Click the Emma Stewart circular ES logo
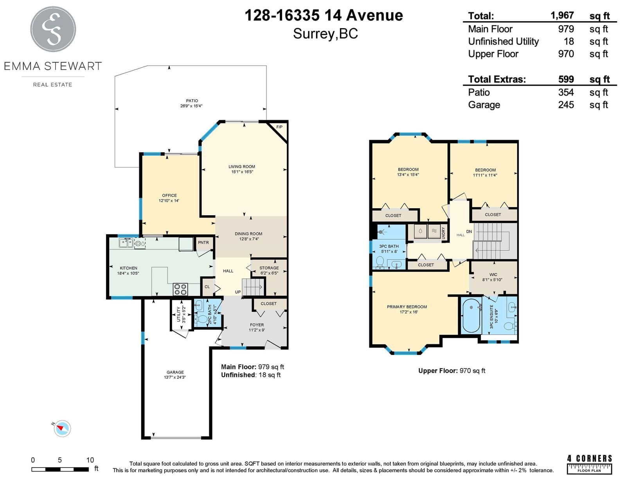53,29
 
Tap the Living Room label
242,167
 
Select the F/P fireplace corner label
279,127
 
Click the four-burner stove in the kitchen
180,289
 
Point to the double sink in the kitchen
126,243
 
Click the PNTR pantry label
203,243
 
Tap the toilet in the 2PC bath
201,319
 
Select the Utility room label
178,314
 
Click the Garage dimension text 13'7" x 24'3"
175,378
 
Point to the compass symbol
62,428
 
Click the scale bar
60,469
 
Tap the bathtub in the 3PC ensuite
471,316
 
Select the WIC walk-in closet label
493,275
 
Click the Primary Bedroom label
407,307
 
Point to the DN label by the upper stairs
469,231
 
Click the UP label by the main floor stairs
237,292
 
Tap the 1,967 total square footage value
562,15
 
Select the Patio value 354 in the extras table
566,92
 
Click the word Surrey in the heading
314,34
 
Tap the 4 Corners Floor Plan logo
589,464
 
